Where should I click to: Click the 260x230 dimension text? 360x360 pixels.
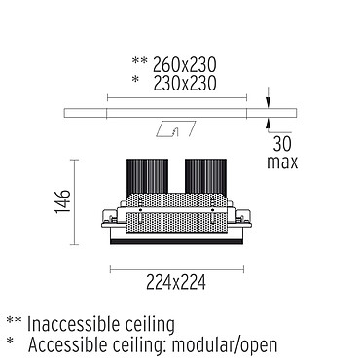pos(184,64)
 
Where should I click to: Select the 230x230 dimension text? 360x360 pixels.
pos(184,83)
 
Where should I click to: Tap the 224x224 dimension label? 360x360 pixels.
pos(176,282)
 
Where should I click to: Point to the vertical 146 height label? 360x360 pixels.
pos(62,201)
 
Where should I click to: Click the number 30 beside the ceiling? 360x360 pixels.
pos(282,144)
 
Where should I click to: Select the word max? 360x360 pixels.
pos(282,162)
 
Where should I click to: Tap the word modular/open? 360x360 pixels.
pos(225,345)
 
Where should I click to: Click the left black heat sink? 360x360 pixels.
pos(147,176)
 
